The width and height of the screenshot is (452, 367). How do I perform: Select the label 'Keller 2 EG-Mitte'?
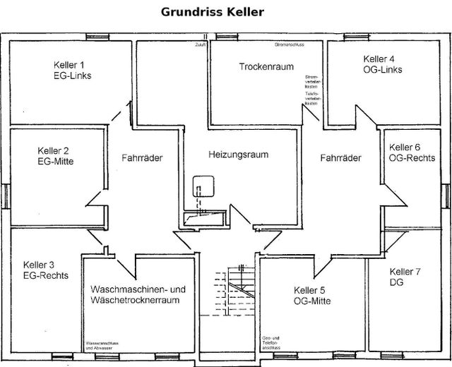[54, 156]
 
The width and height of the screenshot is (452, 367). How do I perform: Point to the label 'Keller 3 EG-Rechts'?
[46, 270]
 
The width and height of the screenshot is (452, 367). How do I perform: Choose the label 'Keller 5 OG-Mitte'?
[312, 296]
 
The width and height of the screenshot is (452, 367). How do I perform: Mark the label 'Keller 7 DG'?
[405, 277]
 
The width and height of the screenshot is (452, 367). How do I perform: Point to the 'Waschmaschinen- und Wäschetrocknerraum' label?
[138, 295]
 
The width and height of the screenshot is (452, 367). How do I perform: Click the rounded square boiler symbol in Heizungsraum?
[204, 187]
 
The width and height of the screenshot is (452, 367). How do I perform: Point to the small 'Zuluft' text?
[205, 44]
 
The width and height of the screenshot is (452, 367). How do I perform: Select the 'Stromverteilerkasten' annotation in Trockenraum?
[311, 81]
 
